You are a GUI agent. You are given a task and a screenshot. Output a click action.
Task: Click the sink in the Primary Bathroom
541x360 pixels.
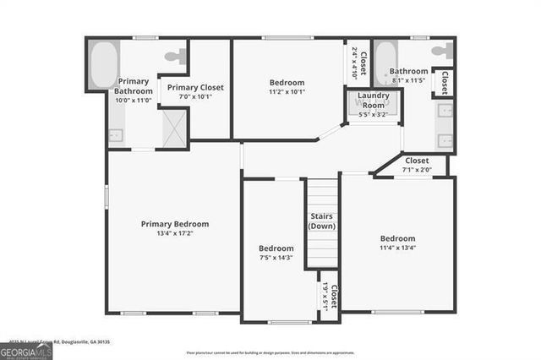pos(117,134)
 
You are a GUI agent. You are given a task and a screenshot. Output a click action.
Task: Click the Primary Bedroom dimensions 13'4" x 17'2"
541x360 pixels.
pos(174,234)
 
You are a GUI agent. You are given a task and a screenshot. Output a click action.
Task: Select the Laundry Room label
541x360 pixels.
pos(373,101)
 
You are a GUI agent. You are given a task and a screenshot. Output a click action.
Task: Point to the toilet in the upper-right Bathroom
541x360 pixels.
pos(441,52)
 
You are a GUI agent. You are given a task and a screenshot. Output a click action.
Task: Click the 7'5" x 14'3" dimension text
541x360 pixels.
pos(276,258)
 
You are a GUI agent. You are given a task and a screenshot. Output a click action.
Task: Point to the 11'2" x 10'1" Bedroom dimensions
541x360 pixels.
pos(288,92)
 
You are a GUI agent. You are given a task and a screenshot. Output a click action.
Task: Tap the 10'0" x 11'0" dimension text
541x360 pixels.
pos(133,100)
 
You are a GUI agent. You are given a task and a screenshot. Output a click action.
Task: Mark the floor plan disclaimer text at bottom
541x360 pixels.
pos(270,352)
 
